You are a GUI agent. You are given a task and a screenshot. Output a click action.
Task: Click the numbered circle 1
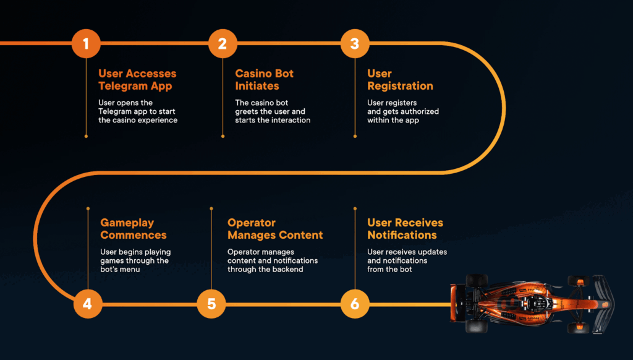pos(85,43)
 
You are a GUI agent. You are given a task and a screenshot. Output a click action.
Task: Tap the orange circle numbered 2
pos(223,43)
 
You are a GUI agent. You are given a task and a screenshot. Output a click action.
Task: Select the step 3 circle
pos(354,43)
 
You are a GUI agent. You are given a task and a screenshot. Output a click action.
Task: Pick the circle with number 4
pos(87,304)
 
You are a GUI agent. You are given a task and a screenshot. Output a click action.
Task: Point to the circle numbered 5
pos(211,304)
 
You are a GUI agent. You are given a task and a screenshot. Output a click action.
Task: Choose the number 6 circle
pos(355,304)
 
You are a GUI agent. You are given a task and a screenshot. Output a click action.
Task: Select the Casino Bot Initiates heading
pos(264,80)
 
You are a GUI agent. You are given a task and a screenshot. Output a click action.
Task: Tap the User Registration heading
pos(400,80)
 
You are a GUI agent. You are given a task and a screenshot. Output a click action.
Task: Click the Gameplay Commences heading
pos(134,229)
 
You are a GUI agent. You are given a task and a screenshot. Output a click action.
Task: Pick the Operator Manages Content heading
pos(275,229)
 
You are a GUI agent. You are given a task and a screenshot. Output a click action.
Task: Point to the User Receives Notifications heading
pos(405,229)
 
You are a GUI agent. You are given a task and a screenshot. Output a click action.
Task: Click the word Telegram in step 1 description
pos(116,111)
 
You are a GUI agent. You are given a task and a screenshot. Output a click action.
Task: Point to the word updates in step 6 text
pos(432,252)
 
